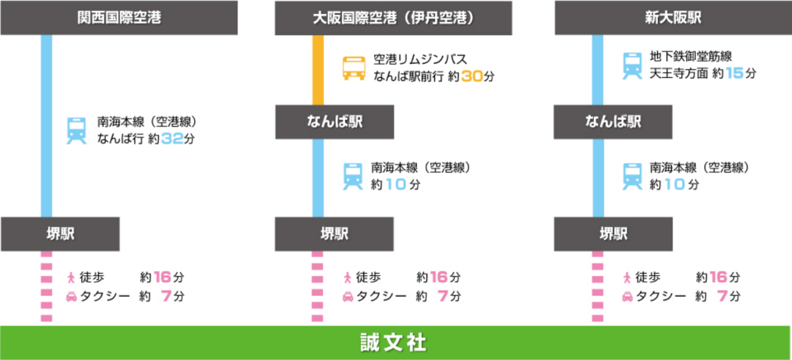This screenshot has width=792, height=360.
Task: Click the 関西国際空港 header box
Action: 119,18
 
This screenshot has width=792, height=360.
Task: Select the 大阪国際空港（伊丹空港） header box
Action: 393,18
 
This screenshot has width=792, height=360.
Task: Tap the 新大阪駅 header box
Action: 673,18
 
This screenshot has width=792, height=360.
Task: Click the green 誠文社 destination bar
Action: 395,343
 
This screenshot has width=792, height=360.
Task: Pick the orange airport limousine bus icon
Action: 353,68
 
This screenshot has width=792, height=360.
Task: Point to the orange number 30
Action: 472,76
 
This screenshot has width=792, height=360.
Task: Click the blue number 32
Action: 172,139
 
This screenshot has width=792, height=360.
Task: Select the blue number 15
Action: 734,73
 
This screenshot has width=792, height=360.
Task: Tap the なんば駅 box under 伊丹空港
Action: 335,122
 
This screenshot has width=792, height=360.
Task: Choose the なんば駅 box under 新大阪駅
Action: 613,122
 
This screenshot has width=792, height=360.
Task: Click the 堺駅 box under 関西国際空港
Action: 60,234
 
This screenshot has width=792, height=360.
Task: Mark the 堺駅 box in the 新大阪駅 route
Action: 613,234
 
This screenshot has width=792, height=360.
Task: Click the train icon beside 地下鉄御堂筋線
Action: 632,66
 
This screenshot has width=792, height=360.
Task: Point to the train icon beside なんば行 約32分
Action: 76,131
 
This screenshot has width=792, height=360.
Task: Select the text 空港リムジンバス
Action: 420,59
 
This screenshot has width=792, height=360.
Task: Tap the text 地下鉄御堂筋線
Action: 691,56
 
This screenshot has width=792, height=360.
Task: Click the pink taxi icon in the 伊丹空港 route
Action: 348,297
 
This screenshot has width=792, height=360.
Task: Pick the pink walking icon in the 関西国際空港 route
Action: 71,278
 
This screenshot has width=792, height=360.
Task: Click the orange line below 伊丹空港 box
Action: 318,70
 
